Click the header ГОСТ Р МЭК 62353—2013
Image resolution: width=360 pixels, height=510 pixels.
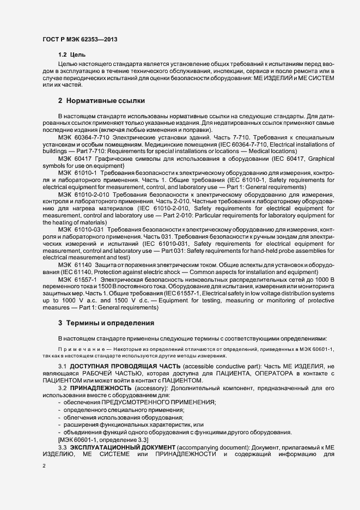79,40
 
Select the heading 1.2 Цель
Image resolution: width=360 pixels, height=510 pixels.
71,55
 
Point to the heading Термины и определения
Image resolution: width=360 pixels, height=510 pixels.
109,323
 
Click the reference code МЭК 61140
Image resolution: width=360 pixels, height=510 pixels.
75,265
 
